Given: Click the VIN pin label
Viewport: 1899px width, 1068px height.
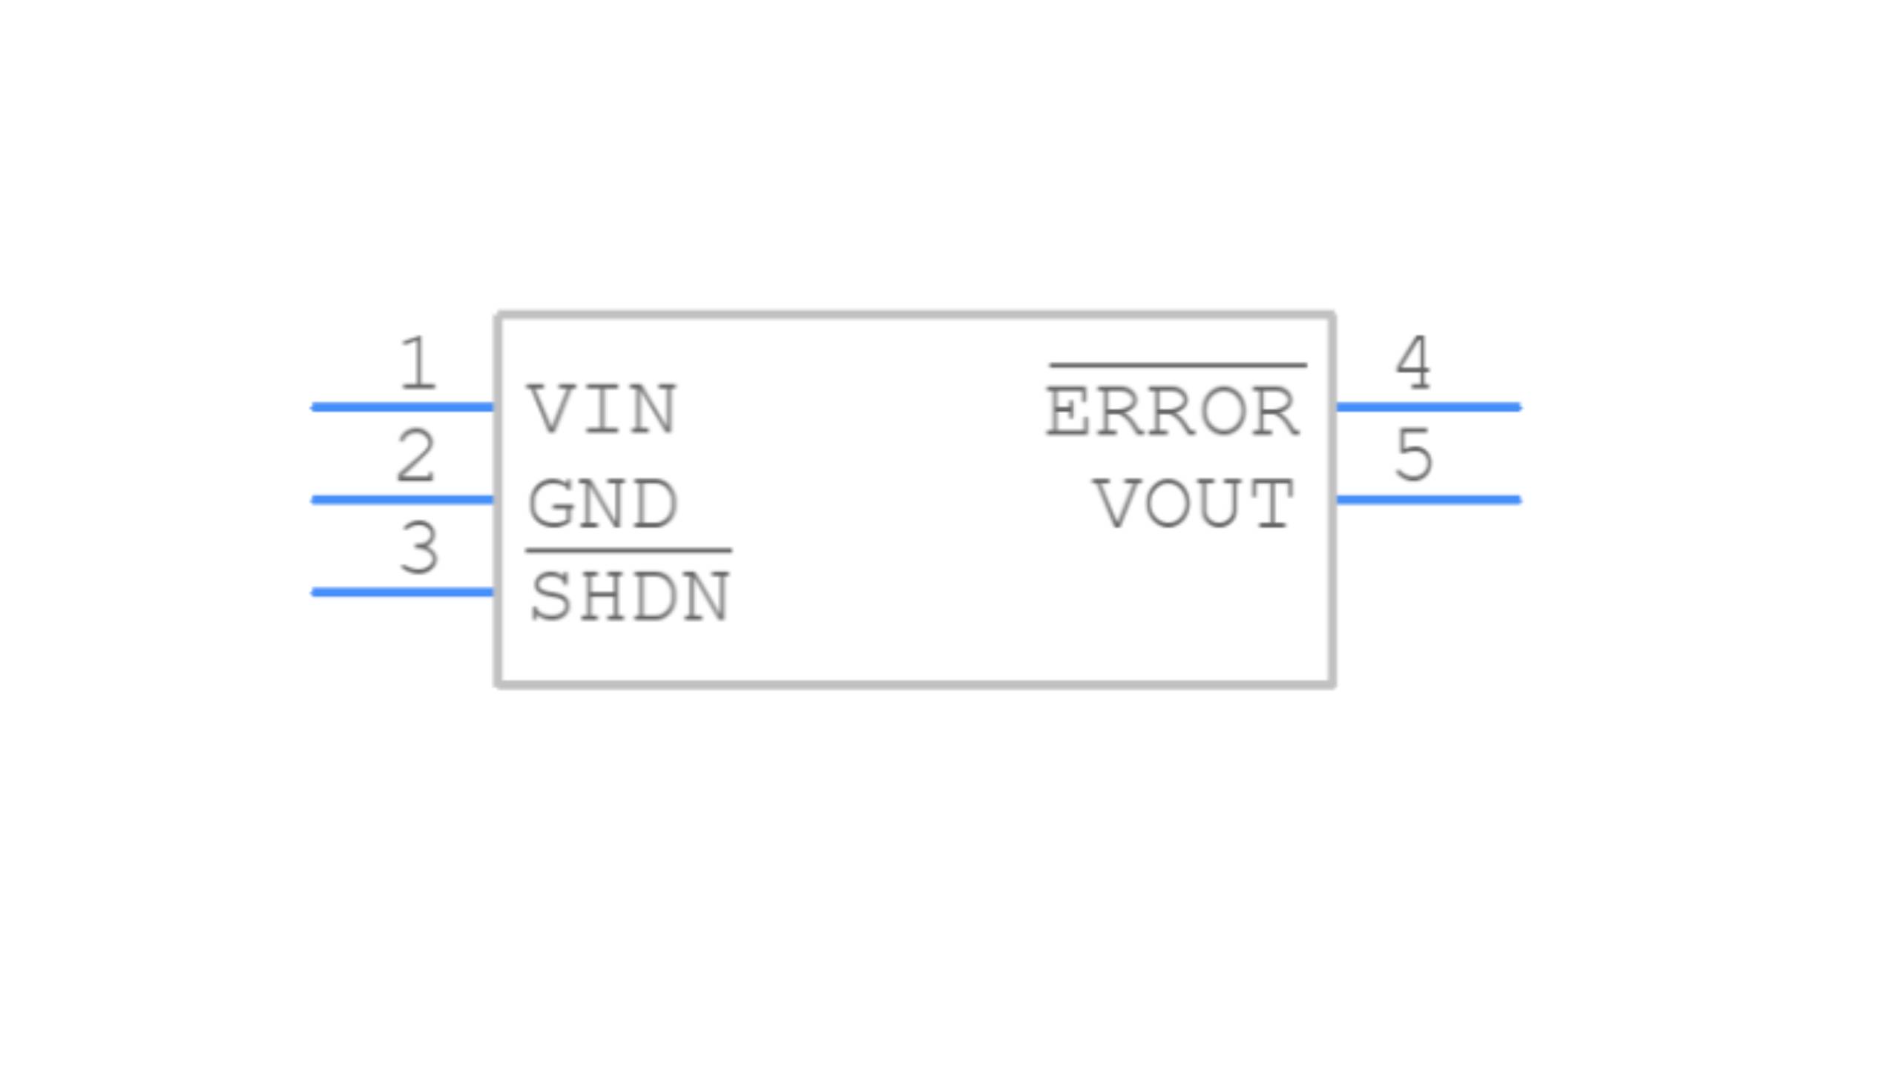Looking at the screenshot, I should coord(602,409).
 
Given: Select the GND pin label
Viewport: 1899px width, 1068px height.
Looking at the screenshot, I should coord(602,503).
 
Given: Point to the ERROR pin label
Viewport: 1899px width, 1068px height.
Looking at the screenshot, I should coord(1173,412).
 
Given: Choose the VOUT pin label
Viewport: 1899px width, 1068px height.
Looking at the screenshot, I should coord(1194,503).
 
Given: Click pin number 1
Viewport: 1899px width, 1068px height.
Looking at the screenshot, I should coord(417,363).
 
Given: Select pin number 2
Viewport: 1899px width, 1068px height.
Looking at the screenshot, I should coord(416,455).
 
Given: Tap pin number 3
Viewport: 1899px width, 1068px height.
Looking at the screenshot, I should coord(419,548).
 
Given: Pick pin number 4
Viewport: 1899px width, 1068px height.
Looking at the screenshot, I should coord(1413,363).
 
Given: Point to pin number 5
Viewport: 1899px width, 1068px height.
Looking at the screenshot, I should coord(1414,455).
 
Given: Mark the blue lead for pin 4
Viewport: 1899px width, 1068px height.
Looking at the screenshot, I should coord(1429,406).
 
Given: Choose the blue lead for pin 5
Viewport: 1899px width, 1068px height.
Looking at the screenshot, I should coord(1429,499).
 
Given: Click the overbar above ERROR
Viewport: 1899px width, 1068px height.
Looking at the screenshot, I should coord(1178,365).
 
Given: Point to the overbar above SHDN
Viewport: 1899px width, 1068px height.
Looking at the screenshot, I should coord(629,551).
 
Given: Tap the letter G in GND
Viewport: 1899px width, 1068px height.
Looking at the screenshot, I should coord(549,503).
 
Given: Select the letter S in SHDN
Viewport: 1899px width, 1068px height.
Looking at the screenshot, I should coord(550,597).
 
